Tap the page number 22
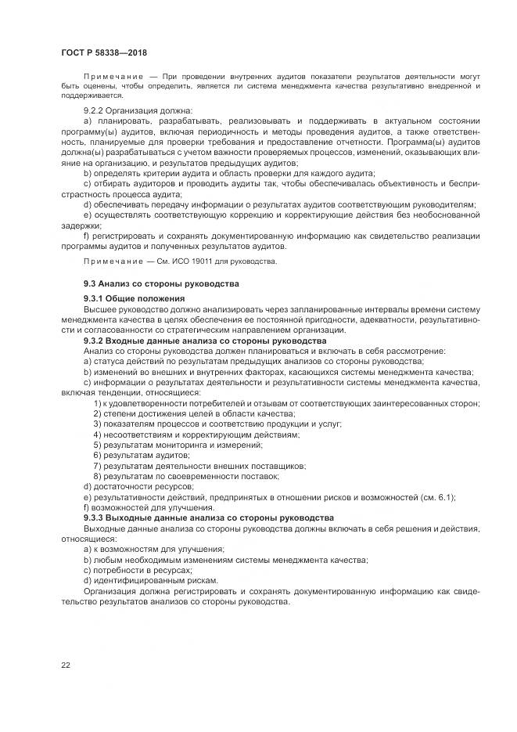pos(66,665)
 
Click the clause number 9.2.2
pos(95,110)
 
